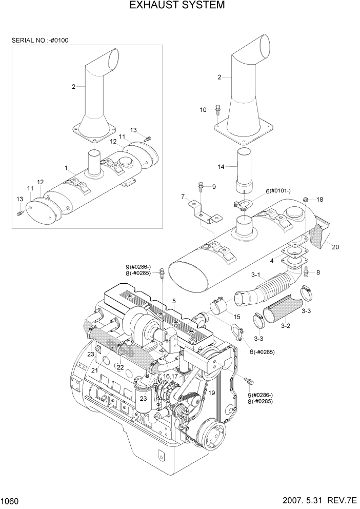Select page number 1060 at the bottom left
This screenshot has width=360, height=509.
point(11,499)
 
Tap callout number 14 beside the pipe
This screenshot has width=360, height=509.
point(221,166)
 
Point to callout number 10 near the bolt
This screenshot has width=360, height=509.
point(203,109)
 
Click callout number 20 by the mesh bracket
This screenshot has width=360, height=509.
point(335,247)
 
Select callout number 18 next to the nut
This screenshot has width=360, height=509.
point(319,199)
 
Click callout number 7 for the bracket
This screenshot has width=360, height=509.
point(182,197)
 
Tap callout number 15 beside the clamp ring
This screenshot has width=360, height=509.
point(236,316)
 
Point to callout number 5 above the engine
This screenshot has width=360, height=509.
point(174,301)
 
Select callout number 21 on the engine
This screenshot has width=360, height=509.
point(94,370)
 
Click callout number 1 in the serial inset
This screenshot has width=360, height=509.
point(66,167)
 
